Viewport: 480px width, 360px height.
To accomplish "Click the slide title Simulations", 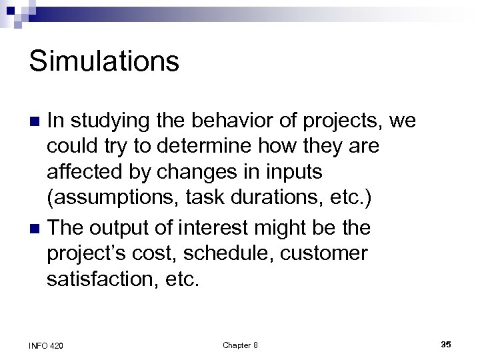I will coord(104,62).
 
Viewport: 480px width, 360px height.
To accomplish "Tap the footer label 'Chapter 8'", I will coord(240,345).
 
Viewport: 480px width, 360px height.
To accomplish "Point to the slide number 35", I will coord(445,344).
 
